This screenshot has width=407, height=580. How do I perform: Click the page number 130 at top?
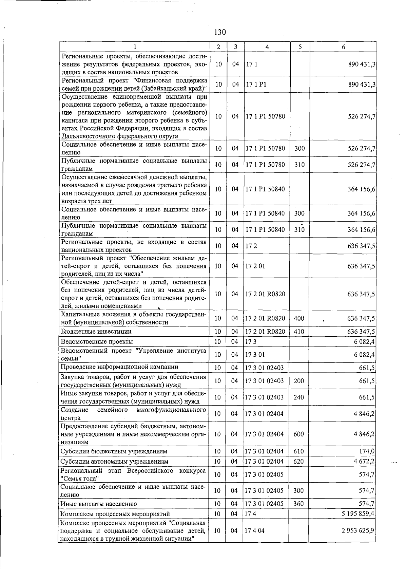coord(220,32)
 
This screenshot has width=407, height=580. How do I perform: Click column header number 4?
coord(267,47)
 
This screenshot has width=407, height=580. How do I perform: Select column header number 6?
coord(343,47)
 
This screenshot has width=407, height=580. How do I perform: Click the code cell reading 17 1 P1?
coord(256,85)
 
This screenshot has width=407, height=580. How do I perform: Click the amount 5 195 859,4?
coord(358,513)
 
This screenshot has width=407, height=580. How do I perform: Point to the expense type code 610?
coord(298,451)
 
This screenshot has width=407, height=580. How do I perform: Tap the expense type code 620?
coord(298,461)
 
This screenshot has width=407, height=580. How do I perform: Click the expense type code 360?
coord(298,504)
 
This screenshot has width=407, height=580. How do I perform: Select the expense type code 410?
coord(298,331)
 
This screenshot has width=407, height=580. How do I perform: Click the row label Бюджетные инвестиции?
coord(96,331)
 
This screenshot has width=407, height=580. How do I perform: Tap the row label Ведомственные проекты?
coord(97,341)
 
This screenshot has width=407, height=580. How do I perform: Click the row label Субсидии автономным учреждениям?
coord(114,461)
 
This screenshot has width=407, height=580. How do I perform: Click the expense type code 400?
coord(298,318)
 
